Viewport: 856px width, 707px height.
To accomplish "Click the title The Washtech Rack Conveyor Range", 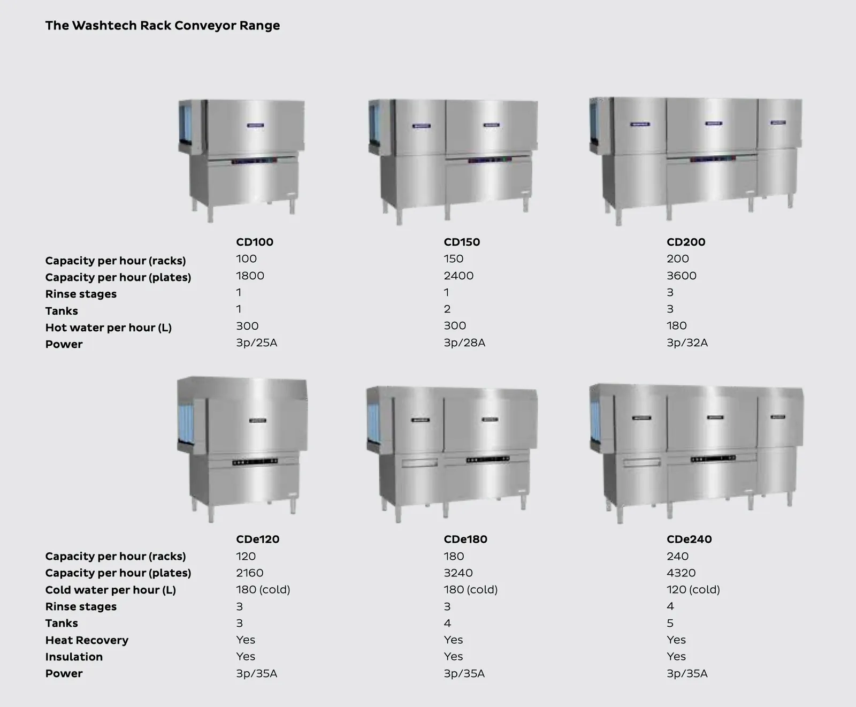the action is click(x=163, y=26).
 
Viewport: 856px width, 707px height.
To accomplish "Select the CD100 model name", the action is click(x=255, y=242).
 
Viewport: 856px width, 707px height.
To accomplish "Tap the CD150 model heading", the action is click(x=462, y=242).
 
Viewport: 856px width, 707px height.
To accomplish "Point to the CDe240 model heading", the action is click(x=689, y=539).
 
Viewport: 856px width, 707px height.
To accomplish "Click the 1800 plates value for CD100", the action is click(x=250, y=276).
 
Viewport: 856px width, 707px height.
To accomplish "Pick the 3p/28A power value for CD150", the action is click(x=464, y=343).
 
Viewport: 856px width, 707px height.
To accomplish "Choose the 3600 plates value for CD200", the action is click(x=682, y=276).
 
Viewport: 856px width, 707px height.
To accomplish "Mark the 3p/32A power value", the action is click(x=687, y=343).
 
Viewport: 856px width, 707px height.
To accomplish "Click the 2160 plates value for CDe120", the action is click(x=250, y=573).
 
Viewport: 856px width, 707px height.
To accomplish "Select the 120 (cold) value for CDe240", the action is click(x=693, y=589).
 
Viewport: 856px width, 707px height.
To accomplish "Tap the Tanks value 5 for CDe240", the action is click(x=670, y=623).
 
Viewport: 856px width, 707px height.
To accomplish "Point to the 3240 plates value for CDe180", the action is click(x=458, y=573).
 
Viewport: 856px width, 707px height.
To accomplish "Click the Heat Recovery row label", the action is click(x=87, y=640).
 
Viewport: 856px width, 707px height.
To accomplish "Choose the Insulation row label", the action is click(x=74, y=657).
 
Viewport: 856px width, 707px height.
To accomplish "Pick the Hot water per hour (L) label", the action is click(x=109, y=328).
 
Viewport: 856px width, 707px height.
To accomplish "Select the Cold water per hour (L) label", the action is click(x=111, y=590).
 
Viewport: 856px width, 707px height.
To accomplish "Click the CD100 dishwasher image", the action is click(x=242, y=160).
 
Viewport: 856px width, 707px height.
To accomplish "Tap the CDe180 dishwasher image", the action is click(x=452, y=454).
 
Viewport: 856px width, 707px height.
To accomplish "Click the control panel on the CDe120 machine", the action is click(x=255, y=461).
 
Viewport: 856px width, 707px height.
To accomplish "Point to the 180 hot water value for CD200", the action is click(x=677, y=325).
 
